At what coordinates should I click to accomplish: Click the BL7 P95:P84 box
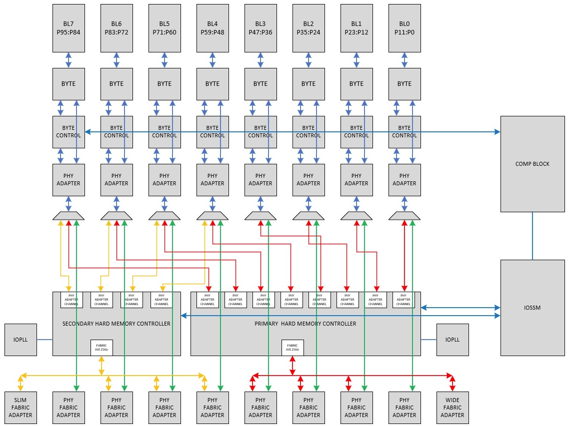coord(68,28)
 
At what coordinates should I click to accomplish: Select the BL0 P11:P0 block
coord(404,28)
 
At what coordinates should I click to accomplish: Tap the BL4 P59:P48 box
coord(212,28)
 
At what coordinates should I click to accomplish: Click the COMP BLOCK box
coord(532,164)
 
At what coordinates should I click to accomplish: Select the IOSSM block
coord(532,308)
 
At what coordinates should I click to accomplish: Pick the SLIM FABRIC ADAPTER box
coord(20,408)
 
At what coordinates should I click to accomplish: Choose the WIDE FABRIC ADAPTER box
coord(452,408)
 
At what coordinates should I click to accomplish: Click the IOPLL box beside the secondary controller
coord(20,340)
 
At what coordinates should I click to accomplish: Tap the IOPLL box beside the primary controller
coord(452,340)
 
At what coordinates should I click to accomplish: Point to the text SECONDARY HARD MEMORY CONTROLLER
coord(116,324)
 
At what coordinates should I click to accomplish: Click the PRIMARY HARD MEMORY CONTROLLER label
coord(305,324)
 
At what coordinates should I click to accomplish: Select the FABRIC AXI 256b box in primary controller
coord(292,348)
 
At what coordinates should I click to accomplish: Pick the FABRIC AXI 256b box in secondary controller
coord(101,348)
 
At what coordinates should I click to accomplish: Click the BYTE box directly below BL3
coord(260,84)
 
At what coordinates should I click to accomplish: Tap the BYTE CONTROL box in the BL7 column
coord(68,132)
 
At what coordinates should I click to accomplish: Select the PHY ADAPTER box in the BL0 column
coord(404,180)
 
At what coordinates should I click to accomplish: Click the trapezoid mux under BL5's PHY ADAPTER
coord(164,216)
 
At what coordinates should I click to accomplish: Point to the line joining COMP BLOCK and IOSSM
coord(532,236)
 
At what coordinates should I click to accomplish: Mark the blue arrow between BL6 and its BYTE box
coord(116,60)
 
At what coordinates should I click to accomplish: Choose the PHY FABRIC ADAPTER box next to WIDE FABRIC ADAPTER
coord(404,408)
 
